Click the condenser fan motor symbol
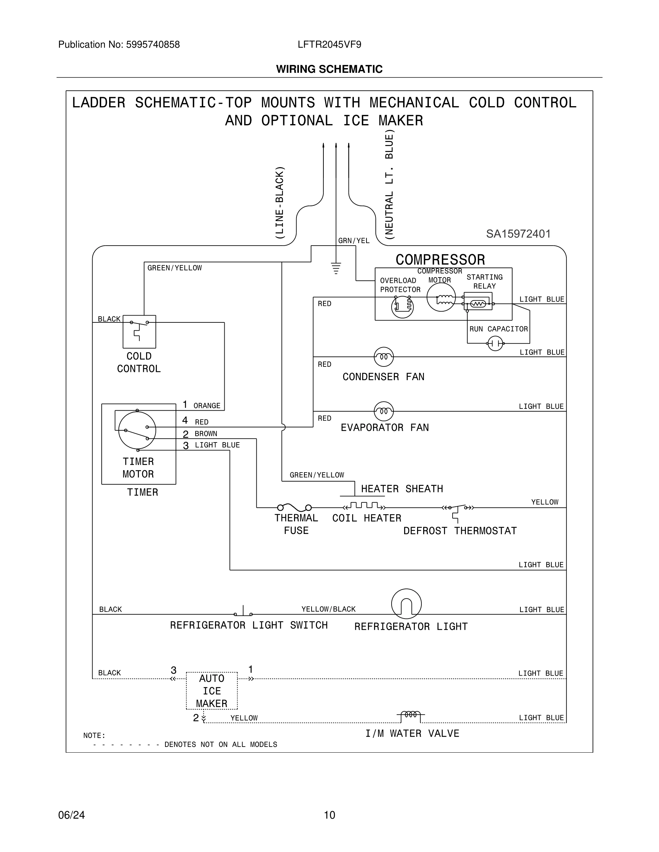click(383, 356)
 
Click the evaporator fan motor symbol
click(383, 411)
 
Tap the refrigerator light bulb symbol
click(406, 603)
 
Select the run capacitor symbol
click(495, 343)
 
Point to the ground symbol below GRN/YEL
click(336, 268)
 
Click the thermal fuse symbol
click(294, 507)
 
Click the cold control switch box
click(139, 332)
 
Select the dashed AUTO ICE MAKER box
click(212, 691)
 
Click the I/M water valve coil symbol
click(411, 715)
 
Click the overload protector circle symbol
click(402, 307)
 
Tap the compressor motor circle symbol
click(441, 297)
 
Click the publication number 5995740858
click(153, 45)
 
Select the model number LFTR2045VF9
click(329, 45)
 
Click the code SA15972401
click(518, 234)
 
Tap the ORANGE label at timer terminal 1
click(207, 406)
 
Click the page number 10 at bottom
click(329, 815)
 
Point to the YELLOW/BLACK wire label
click(328, 609)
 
